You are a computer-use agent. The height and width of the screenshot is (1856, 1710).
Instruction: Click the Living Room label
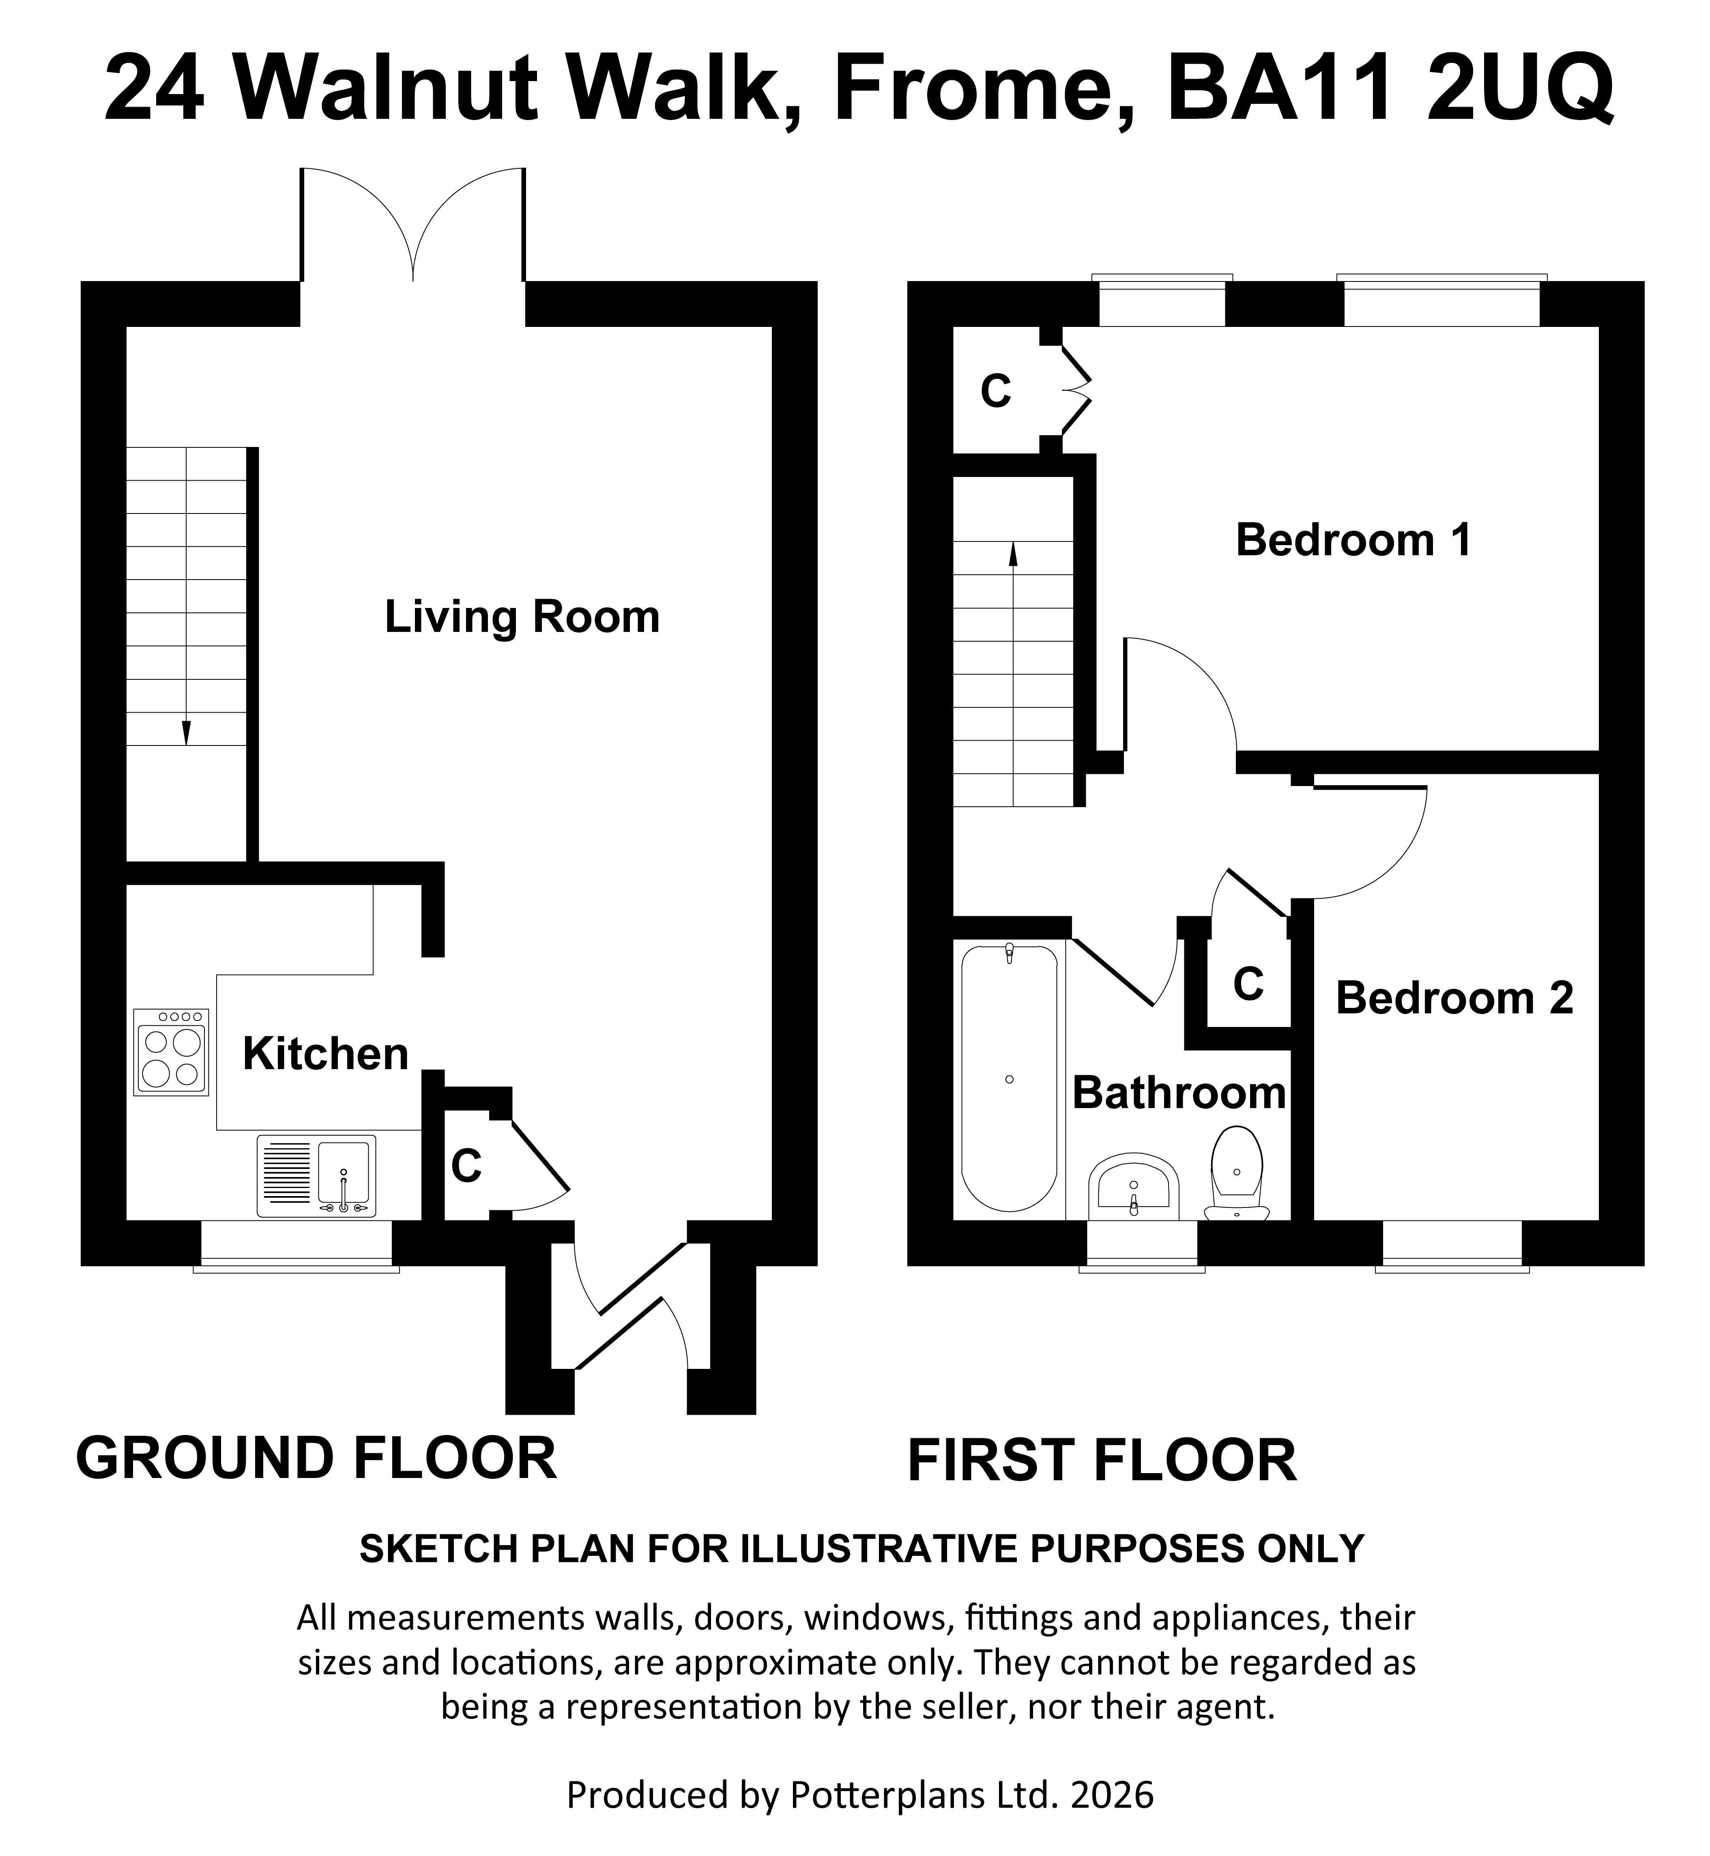coord(522,617)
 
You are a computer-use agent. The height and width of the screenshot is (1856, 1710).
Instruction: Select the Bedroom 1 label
coord(1353,540)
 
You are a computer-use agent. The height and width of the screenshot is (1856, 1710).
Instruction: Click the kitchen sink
coord(316,1176)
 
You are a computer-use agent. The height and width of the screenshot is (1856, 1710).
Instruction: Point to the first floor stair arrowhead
coord(1013,553)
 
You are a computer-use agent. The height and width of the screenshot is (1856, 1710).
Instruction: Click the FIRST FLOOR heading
coord(1101,1461)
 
